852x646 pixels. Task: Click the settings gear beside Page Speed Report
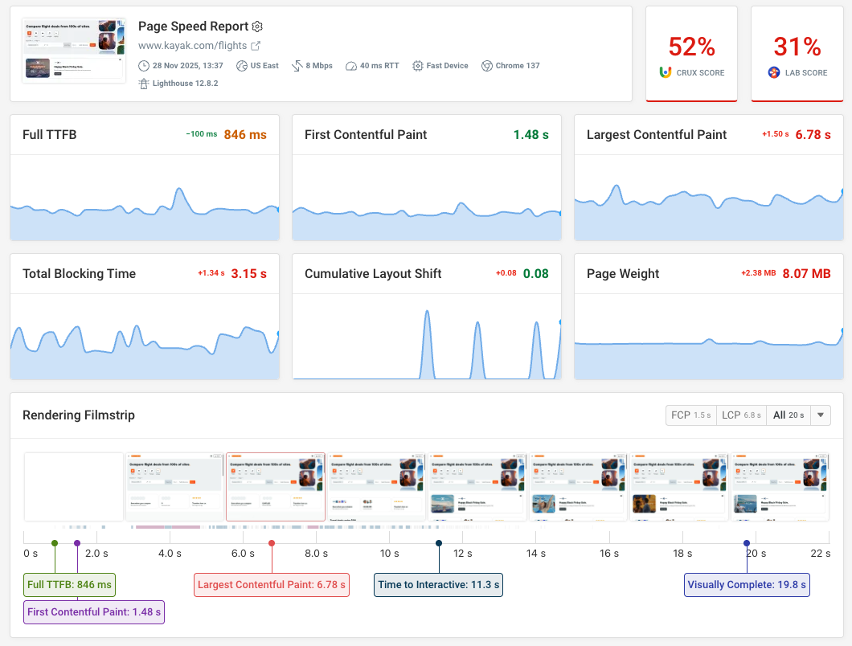(258, 27)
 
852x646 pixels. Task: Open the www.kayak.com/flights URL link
(192, 47)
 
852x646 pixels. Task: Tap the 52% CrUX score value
(691, 47)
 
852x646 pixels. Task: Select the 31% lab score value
(797, 47)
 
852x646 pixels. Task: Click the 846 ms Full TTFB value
(245, 135)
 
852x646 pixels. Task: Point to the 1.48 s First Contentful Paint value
(530, 135)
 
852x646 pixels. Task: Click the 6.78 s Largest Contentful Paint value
(813, 135)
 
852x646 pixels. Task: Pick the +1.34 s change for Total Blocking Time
(211, 274)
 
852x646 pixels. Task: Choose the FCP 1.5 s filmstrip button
(690, 415)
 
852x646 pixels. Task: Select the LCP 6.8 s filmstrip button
(740, 415)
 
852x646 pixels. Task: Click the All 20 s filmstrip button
(788, 415)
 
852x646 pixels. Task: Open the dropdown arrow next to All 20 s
(821, 415)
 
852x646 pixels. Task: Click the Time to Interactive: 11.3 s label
(439, 585)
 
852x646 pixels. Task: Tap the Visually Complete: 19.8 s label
(747, 585)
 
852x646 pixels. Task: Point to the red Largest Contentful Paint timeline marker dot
(272, 544)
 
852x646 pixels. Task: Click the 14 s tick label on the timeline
(537, 554)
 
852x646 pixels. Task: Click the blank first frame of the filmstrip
(74, 487)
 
